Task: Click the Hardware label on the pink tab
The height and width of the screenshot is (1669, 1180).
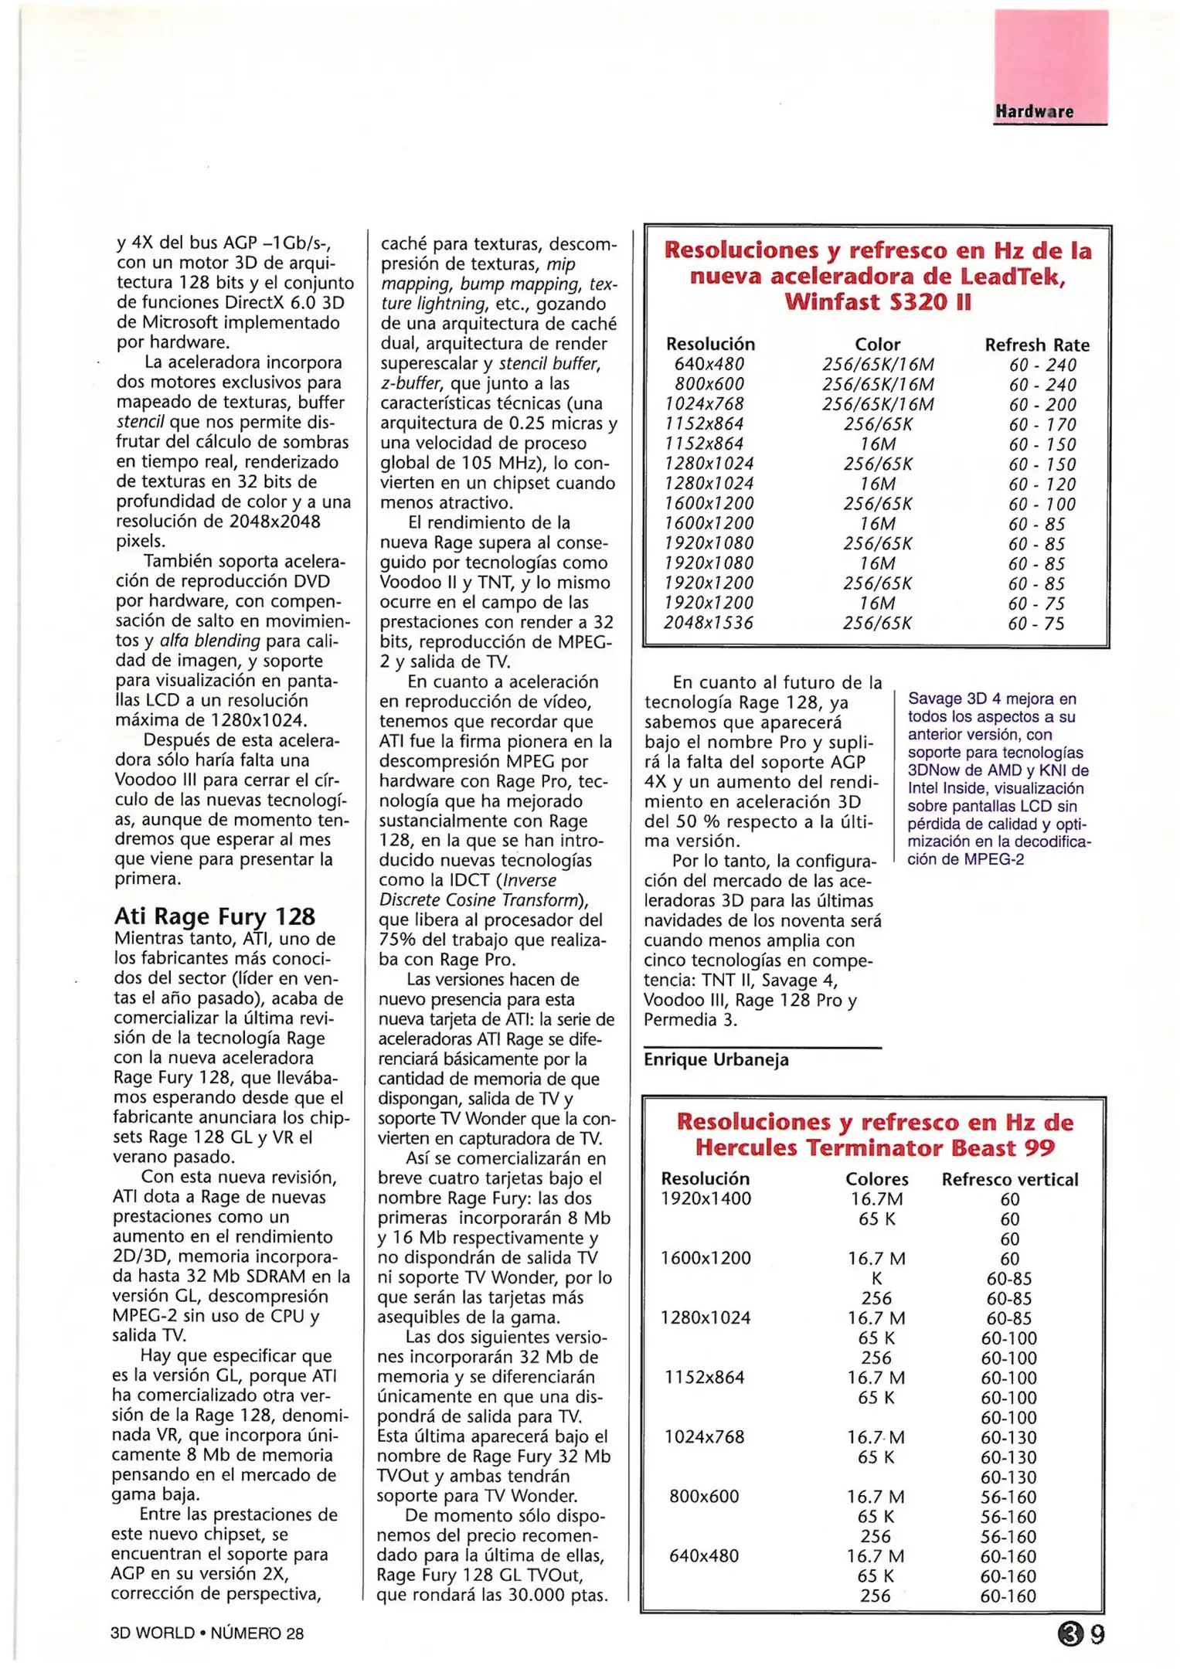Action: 1034,111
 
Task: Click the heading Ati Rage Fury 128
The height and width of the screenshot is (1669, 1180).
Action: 214,916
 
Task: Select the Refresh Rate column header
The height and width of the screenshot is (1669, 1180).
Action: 1036,345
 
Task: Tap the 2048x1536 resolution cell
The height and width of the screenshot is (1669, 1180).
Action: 708,623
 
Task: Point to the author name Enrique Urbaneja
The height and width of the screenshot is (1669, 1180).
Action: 716,1059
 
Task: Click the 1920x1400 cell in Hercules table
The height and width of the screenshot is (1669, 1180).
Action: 705,1198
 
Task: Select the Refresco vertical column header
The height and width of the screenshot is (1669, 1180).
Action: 1009,1179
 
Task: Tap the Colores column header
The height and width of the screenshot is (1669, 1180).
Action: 876,1179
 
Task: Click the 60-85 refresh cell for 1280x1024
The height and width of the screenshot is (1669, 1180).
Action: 1008,1318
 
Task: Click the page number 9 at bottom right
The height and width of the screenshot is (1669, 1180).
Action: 1097,1633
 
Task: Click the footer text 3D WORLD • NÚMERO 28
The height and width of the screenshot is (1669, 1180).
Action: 206,1633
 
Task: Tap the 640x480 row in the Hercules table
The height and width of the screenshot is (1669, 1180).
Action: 703,1555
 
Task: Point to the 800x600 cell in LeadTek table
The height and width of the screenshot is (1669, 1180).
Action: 709,384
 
